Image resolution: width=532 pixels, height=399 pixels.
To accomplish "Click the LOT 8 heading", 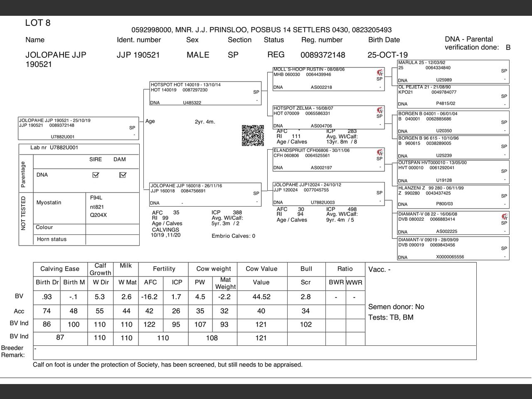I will tap(38, 23).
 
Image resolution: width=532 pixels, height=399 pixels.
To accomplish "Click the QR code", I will tap(253, 135).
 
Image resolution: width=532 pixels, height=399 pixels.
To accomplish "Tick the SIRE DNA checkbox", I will tap(96, 175).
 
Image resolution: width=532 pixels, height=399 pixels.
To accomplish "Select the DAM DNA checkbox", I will tap(122, 175).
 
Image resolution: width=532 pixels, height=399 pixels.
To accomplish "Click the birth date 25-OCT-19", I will tap(387, 55).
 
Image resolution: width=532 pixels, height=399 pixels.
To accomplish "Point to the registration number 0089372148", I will tap(323, 55).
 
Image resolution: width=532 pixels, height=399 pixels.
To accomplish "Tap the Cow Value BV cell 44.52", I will tap(261, 297).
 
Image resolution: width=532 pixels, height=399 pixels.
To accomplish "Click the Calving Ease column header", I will tap(60, 269).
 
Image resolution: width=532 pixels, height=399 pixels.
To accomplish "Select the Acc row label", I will tap(19, 311).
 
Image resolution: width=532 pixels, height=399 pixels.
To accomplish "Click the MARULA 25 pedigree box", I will tap(453, 71).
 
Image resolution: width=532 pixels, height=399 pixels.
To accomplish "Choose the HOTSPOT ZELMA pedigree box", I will tap(328, 117).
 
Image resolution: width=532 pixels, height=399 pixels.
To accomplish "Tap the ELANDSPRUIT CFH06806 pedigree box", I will tap(328, 159).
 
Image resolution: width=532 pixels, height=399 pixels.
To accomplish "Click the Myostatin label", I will tap(49, 202).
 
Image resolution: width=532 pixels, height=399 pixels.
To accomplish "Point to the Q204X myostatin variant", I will tap(99, 215).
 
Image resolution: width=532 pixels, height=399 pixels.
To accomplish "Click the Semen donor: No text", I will tap(396, 307).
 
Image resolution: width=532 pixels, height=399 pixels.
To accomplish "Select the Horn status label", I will tap(52, 239).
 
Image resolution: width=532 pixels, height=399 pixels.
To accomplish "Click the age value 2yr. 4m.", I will tap(205, 122).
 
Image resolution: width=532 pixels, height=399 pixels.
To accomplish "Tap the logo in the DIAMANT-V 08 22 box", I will tap(505, 217).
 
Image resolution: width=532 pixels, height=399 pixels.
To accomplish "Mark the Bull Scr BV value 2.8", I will tap(305, 297).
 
